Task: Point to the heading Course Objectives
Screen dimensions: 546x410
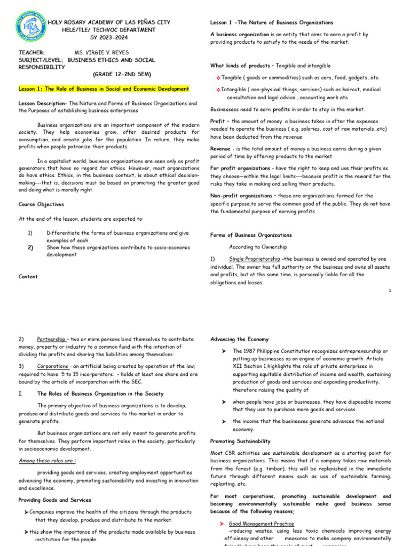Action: click(x=41, y=204)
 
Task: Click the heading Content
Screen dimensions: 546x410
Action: click(x=28, y=276)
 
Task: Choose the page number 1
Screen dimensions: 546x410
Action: click(x=391, y=290)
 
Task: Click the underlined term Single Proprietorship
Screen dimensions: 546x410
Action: click(x=254, y=259)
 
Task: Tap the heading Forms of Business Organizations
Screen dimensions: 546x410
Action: click(x=251, y=235)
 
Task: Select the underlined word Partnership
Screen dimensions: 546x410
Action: click(x=51, y=339)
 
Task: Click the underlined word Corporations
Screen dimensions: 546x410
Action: click(x=54, y=366)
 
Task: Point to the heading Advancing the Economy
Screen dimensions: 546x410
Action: click(x=240, y=339)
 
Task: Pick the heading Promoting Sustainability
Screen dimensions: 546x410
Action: click(x=240, y=441)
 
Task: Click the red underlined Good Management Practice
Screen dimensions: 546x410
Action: click(x=262, y=524)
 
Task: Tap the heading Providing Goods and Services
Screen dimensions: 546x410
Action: click(x=55, y=500)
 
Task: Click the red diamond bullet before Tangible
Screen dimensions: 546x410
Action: click(x=218, y=78)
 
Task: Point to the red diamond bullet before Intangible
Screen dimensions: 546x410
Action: click(x=218, y=90)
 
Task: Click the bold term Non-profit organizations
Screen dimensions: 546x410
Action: click(x=241, y=196)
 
